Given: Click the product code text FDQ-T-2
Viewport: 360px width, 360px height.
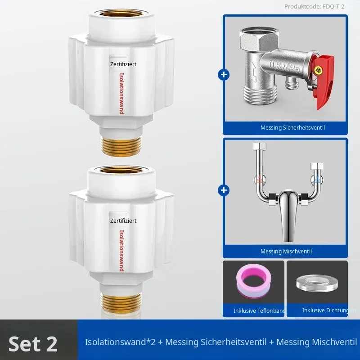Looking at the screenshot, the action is pos(333,7).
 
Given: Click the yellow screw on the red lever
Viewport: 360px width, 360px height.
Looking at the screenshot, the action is pos(318,69).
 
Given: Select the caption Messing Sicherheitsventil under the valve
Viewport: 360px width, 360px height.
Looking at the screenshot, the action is pos(292,128).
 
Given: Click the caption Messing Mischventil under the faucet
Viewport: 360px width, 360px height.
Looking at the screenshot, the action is pos(286,252).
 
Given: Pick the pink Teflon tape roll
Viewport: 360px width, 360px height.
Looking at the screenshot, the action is pos(254,280).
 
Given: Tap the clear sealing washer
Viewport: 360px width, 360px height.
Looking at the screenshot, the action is pos(317,283).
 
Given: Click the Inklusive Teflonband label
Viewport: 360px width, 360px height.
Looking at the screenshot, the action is pos(259,310).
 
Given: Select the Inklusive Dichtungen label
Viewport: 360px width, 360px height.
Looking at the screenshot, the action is pos(329,310).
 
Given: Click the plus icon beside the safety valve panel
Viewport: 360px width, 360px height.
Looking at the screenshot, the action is pos(224,75).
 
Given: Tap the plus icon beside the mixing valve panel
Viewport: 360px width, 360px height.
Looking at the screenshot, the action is pos(224,190).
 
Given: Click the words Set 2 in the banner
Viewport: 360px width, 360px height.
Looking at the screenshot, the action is pos(33,344).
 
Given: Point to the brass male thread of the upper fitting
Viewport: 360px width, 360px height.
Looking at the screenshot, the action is pos(121,146).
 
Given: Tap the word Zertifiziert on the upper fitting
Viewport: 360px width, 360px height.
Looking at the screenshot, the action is pos(123,64).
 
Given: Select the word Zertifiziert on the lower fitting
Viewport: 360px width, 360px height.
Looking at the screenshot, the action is pos(123,220).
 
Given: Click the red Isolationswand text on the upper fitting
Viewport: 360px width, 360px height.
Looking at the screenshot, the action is pos(121,94).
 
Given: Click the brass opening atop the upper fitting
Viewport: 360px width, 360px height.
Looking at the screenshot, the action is pos(121,13).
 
